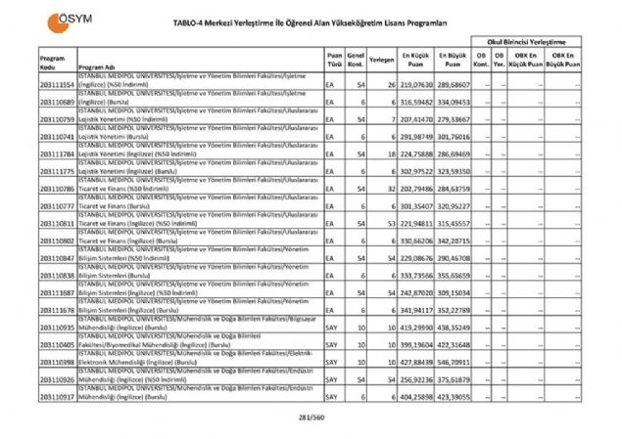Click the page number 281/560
tap(311, 417)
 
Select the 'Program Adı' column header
tap(95, 67)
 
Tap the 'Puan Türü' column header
tap(335, 62)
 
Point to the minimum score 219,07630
tap(415, 85)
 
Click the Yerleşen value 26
tap(390, 85)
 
